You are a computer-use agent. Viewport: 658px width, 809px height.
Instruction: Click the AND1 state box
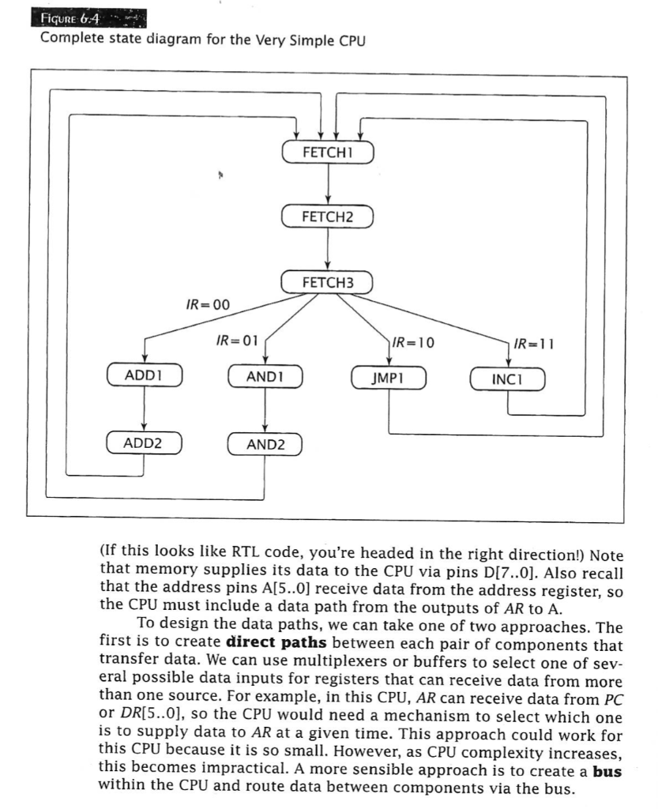coord(265,378)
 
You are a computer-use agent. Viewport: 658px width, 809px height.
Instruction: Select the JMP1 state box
coord(388,378)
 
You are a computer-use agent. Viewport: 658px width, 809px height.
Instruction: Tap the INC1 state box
coord(507,378)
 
